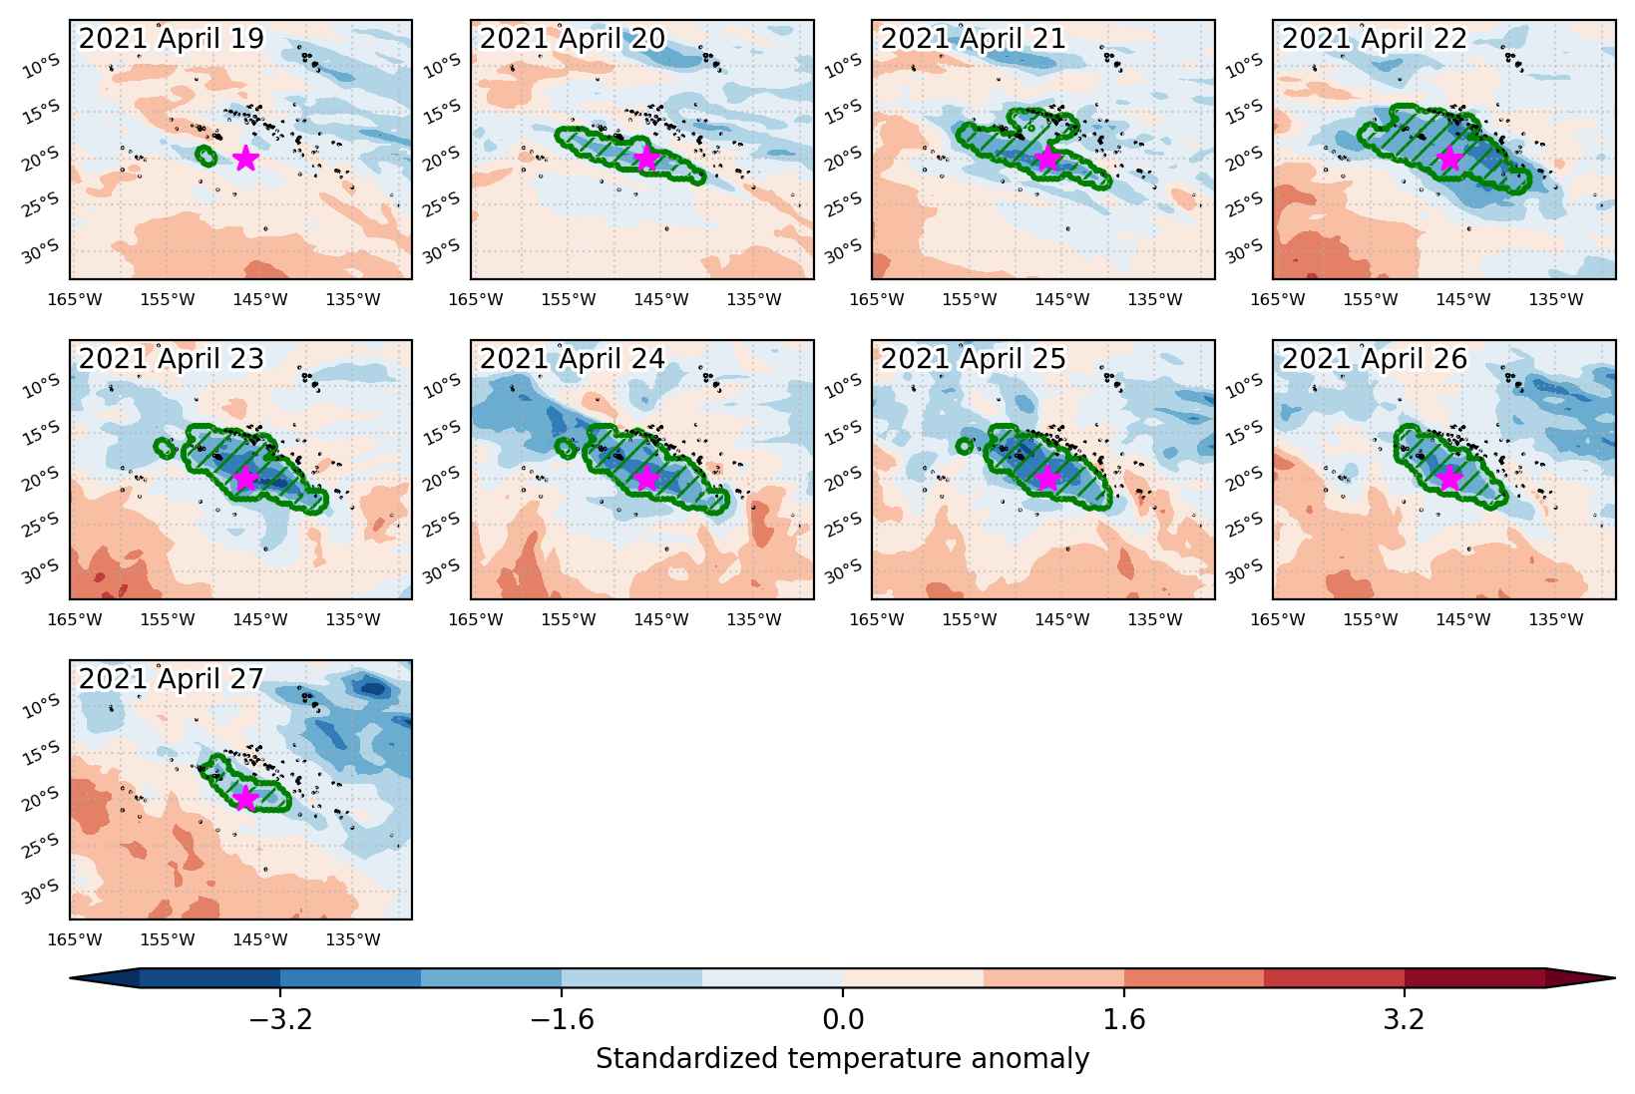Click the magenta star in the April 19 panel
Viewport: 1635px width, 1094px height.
point(246,158)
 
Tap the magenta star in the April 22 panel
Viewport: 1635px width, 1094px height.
point(1449,158)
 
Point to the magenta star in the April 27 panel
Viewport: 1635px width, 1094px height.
point(246,798)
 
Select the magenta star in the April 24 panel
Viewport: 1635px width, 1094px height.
point(647,478)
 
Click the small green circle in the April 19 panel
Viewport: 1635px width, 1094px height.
point(206,156)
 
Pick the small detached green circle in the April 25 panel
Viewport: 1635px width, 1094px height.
point(965,446)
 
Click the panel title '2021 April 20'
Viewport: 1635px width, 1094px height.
point(573,39)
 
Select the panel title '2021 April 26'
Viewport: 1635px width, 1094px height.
point(1375,359)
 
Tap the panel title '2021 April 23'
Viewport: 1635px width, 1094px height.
point(171,359)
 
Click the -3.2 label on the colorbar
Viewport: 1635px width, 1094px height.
point(280,1019)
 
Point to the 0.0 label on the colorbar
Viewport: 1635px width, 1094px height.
point(843,1019)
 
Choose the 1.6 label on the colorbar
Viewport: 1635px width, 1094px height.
point(1124,1019)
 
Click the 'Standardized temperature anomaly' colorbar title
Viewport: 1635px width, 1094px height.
point(842,1058)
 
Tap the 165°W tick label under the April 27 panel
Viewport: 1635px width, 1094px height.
point(75,939)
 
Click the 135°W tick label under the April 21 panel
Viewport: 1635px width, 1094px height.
point(1155,299)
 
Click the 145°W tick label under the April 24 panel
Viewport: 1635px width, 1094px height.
point(661,619)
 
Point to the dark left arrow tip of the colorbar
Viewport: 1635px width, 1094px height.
point(72,978)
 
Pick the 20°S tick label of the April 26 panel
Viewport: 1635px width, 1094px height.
point(1244,480)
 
